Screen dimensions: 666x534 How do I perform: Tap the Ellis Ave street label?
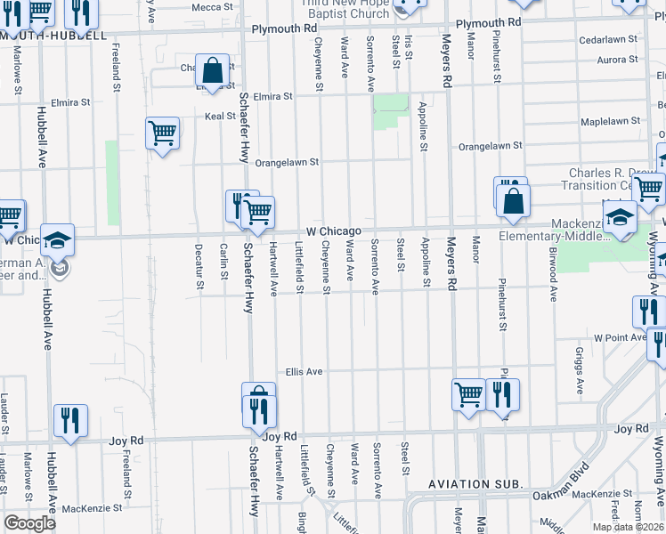pyautogui.click(x=304, y=371)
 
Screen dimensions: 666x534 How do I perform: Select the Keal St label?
pyautogui.click(x=220, y=117)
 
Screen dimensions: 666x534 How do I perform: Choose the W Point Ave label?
pyautogui.click(x=620, y=338)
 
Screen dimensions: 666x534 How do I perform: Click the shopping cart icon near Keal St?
pyautogui.click(x=162, y=133)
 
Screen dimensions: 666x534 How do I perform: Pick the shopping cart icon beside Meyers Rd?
pyautogui.click(x=468, y=393)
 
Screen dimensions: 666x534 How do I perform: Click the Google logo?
pyautogui.click(x=29, y=524)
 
